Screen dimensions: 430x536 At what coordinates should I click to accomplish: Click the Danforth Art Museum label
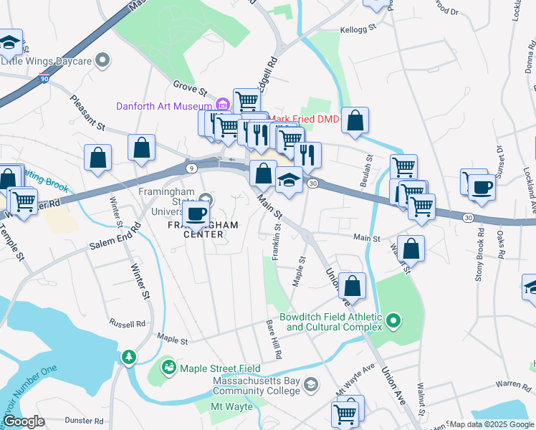tap(166, 106)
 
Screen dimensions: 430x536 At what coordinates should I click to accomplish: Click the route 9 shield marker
tap(191, 168)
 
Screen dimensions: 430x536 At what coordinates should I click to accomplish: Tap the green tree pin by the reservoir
tap(128, 356)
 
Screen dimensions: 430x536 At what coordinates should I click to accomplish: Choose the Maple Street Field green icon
tap(169, 368)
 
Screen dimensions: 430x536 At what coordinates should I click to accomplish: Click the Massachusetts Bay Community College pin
tap(310, 385)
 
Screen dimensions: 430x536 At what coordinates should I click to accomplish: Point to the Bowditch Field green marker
tap(393, 321)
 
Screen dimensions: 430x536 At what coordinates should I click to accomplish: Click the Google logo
tap(23, 421)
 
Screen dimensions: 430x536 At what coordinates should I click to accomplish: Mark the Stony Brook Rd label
tap(479, 247)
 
